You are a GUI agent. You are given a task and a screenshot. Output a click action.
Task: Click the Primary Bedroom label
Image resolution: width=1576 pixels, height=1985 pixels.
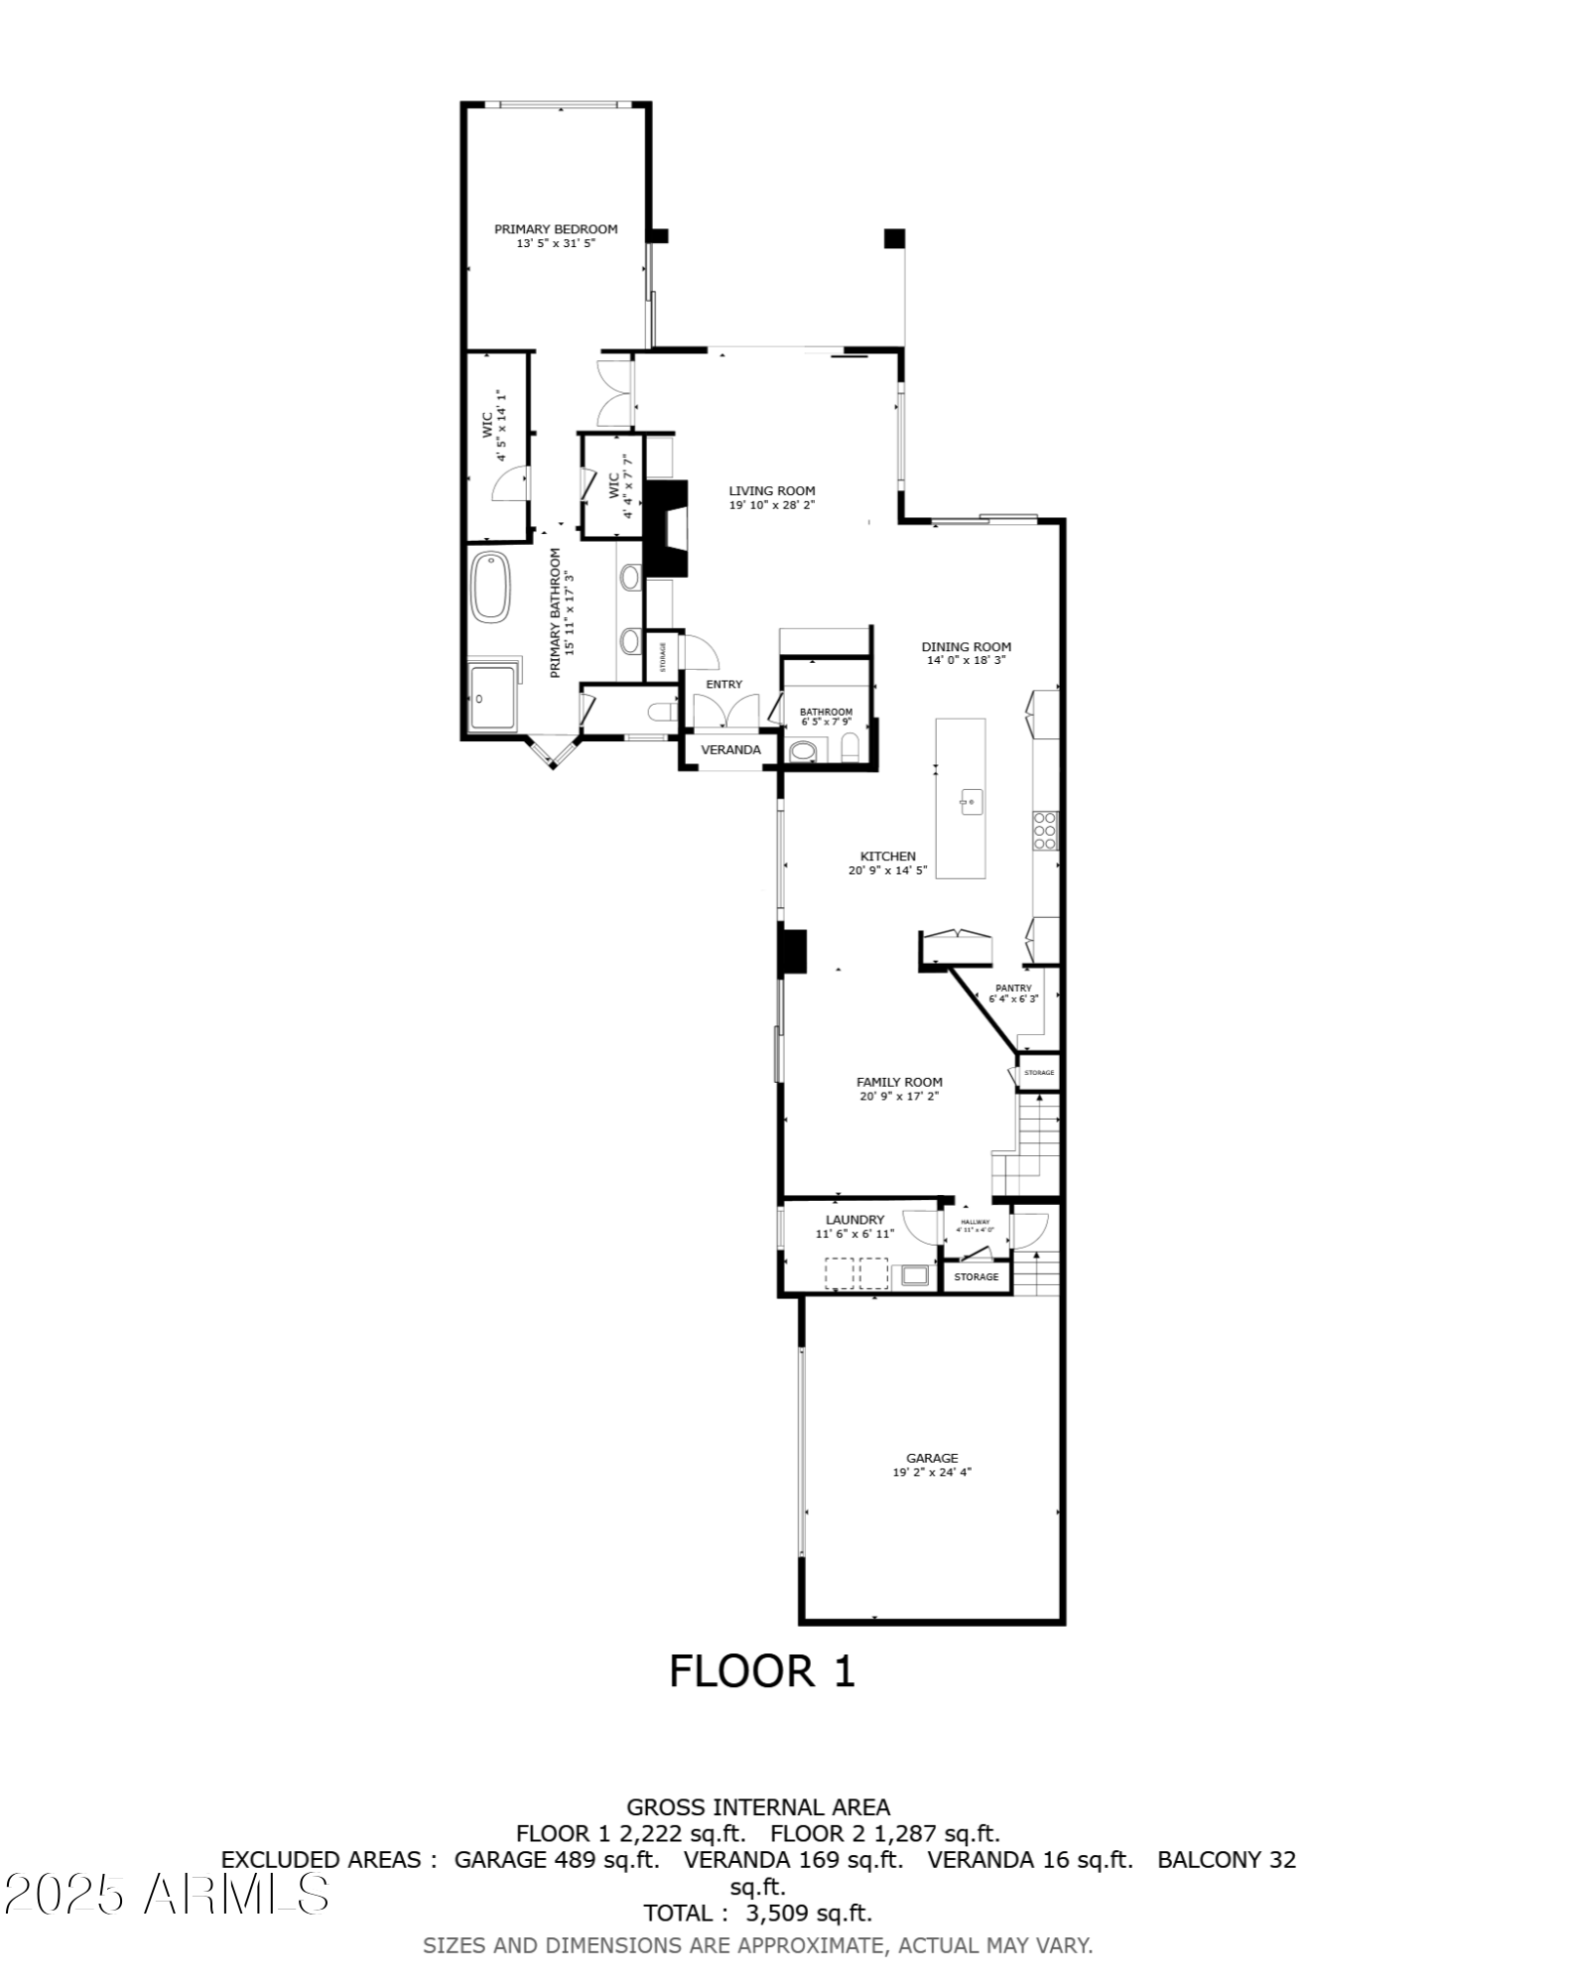(556, 229)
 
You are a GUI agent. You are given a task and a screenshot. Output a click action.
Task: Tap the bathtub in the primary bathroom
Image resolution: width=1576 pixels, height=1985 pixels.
(490, 587)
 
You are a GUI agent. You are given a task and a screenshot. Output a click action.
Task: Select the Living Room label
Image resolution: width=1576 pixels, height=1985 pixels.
(772, 490)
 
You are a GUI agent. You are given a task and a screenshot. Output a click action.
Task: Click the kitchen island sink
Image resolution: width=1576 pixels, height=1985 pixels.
(970, 801)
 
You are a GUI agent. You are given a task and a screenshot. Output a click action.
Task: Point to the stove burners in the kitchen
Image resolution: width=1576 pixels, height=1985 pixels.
(1045, 831)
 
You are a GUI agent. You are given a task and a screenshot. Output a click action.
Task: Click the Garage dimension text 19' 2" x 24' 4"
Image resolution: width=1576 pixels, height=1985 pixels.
(931, 1473)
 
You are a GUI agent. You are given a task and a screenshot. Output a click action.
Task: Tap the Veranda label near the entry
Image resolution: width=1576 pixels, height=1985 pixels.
(730, 749)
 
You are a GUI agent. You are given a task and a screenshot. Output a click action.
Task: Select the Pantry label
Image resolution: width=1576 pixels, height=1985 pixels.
(1013, 988)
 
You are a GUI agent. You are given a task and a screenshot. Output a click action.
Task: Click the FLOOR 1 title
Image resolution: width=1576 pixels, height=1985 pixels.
(761, 1671)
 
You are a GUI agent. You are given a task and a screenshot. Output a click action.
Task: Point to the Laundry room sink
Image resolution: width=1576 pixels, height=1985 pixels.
(913, 1275)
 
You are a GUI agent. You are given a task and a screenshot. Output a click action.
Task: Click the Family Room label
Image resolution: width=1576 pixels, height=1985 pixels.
(899, 1082)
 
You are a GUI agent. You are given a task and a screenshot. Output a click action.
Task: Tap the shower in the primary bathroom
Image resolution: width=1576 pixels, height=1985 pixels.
(493, 699)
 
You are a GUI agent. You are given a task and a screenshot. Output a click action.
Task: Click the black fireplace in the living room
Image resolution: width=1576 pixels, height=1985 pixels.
(667, 529)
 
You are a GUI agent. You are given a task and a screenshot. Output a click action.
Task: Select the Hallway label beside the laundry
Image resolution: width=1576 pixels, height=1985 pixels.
(975, 1222)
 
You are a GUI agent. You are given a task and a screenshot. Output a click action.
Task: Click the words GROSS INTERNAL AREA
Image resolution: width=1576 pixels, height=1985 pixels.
(758, 1807)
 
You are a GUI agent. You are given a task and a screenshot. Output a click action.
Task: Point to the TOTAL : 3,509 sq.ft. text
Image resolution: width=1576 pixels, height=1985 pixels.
(758, 1913)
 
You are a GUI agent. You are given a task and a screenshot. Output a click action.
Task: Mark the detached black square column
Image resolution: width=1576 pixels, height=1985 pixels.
(894, 238)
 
